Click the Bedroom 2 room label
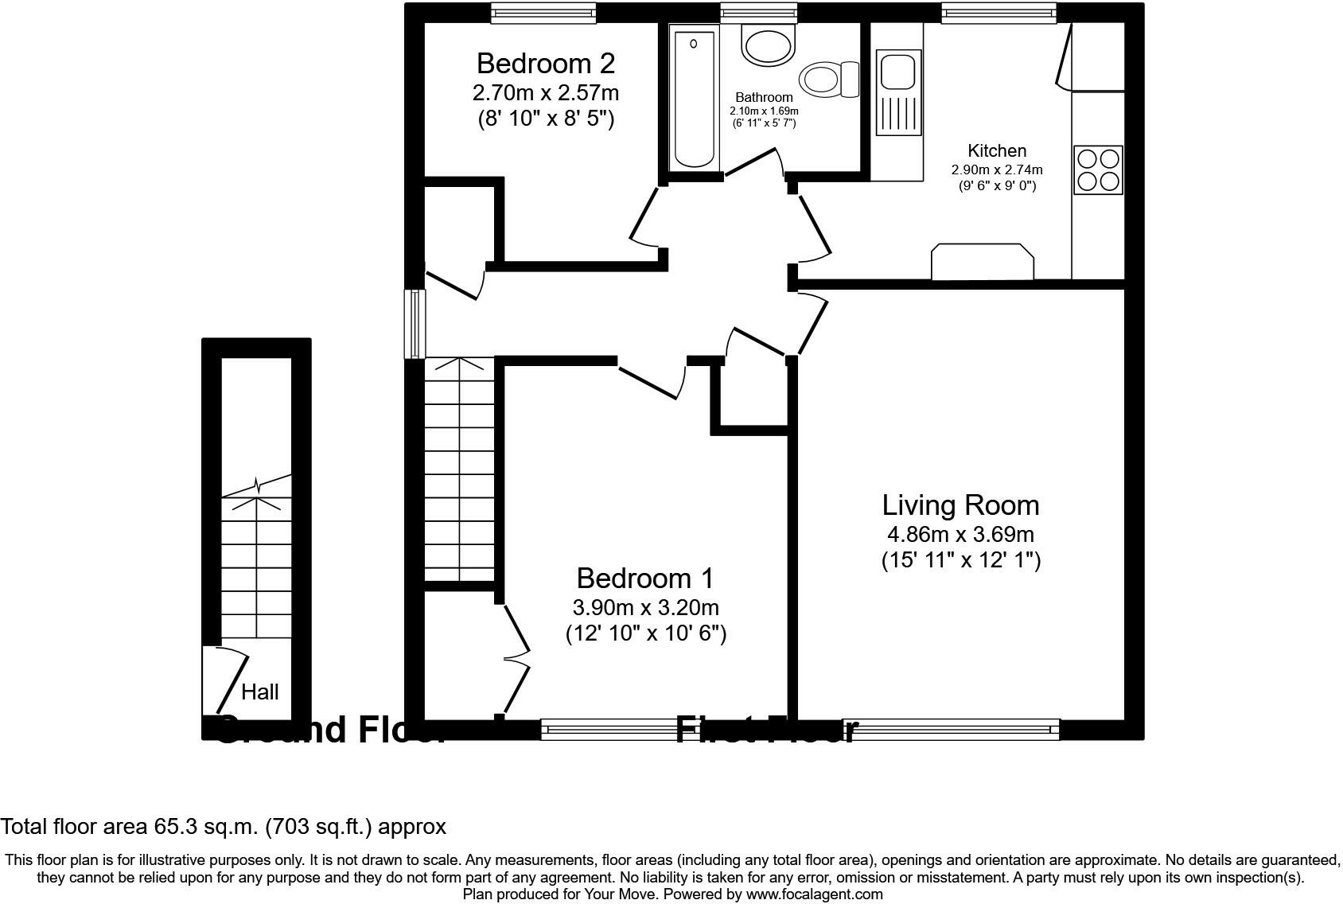pos(545,63)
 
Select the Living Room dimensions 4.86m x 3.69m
pos(960,535)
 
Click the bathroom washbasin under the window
pos(768,44)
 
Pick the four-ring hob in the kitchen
pos(1098,169)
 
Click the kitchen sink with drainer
pos(899,92)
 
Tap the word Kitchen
pos(996,150)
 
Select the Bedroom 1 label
pos(644,578)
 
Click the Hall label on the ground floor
pos(260,692)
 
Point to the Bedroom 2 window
pos(543,10)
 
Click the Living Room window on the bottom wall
pos(961,728)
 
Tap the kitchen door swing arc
pos(816,227)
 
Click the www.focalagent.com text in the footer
pos(814,894)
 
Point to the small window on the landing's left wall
pos(415,324)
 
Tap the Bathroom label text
pos(764,98)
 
